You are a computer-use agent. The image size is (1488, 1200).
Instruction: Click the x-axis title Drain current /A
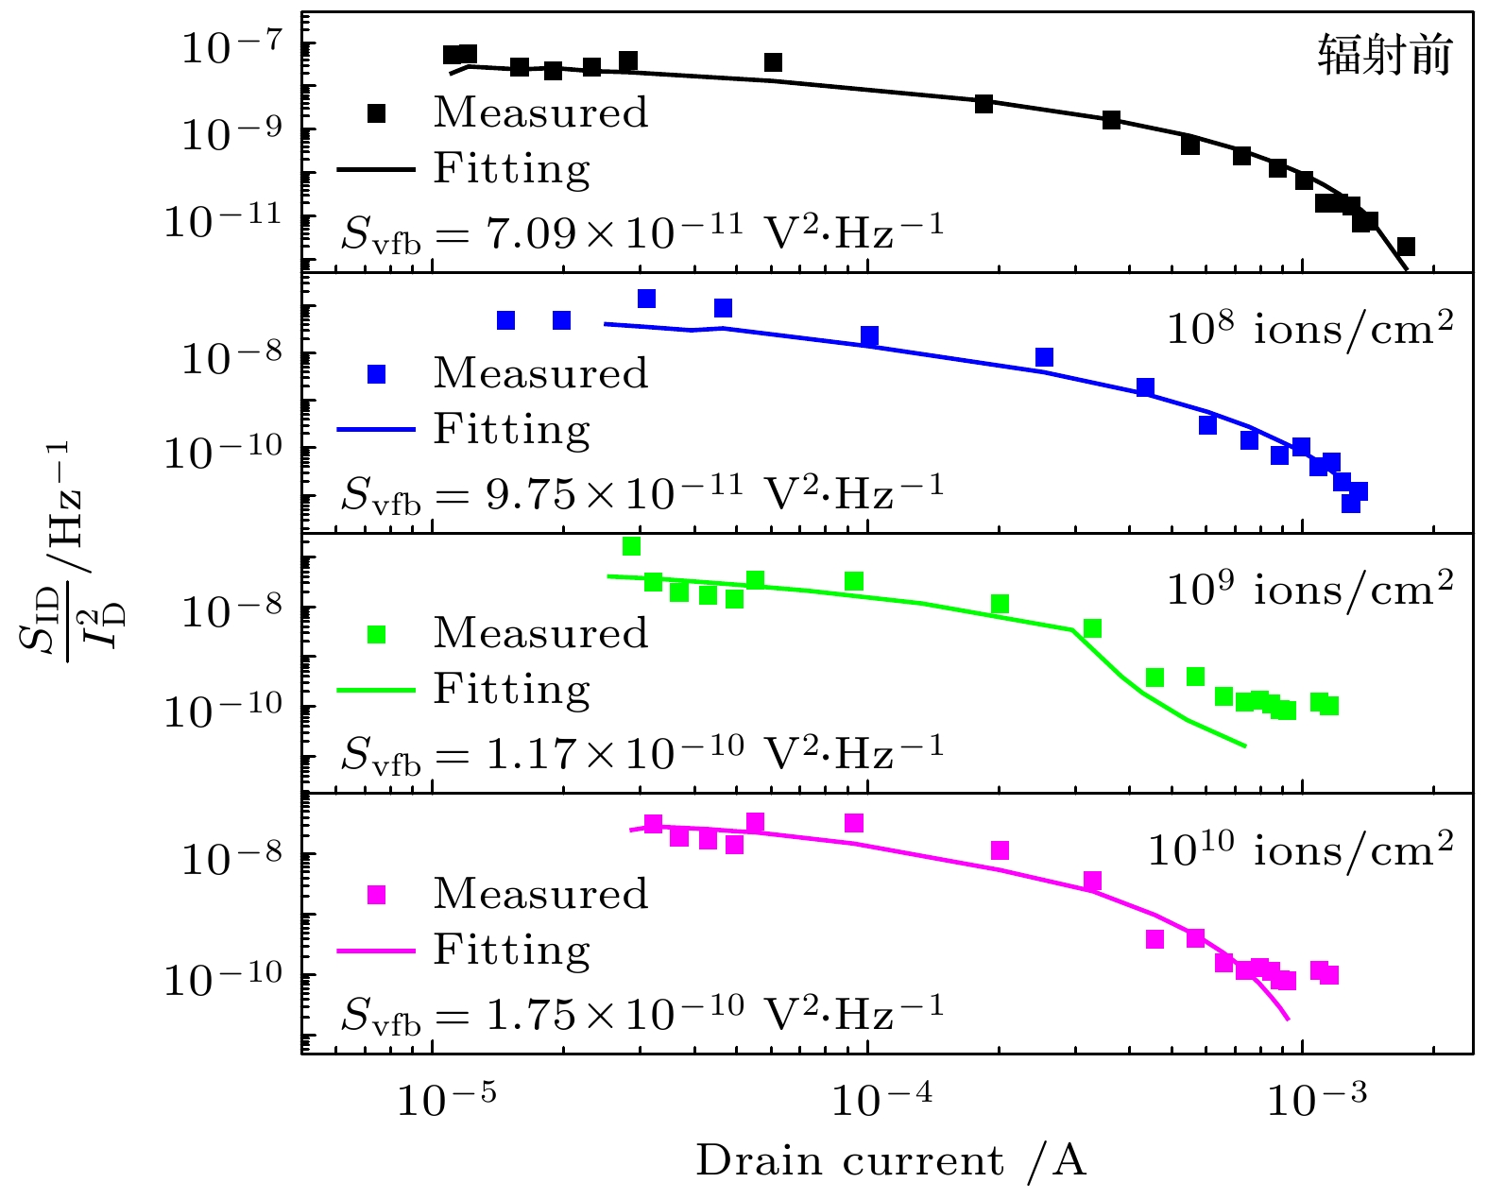point(891,1161)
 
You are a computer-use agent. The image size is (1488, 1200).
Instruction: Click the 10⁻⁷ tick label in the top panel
point(231,46)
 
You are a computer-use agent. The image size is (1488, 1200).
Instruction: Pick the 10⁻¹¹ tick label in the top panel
point(223,221)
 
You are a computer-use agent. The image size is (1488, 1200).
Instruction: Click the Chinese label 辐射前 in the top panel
point(1384,56)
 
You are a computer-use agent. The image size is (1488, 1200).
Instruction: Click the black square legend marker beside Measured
point(376,113)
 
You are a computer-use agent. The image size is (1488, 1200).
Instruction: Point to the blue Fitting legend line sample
point(376,430)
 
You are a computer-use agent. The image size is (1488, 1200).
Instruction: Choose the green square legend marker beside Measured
point(376,634)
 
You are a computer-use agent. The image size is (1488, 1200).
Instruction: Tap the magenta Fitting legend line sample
point(376,951)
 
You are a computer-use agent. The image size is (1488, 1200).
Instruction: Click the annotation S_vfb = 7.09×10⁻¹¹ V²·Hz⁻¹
point(641,231)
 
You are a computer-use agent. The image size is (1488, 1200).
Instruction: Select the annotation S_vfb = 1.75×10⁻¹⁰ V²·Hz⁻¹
point(641,1014)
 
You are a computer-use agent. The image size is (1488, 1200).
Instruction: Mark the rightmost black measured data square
point(1406,247)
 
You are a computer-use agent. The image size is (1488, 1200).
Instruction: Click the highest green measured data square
point(632,546)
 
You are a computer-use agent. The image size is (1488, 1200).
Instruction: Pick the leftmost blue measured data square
point(506,320)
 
